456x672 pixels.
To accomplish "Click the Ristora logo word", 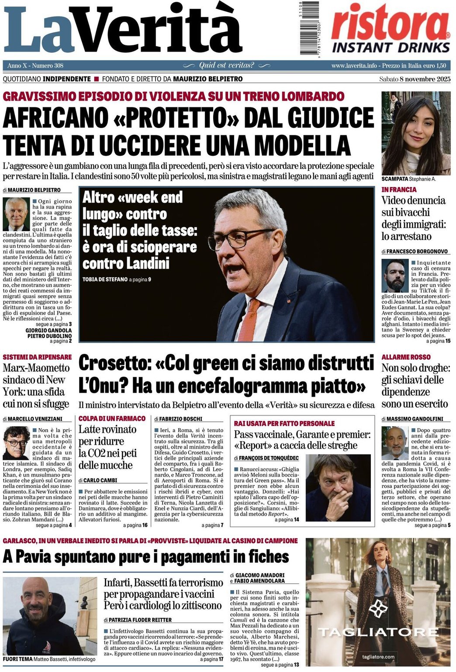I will [390, 24].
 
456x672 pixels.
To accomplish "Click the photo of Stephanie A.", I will [415, 133].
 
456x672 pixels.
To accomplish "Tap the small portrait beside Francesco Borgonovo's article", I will [394, 276].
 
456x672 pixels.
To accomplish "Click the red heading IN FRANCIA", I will [399, 189].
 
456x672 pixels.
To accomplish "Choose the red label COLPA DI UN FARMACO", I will [112, 418].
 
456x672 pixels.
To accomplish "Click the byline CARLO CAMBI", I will [100, 480].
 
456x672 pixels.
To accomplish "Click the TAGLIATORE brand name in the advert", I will [378, 632].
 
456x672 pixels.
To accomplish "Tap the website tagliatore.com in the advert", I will [378, 657].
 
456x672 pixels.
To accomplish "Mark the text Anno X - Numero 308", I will [35, 65].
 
